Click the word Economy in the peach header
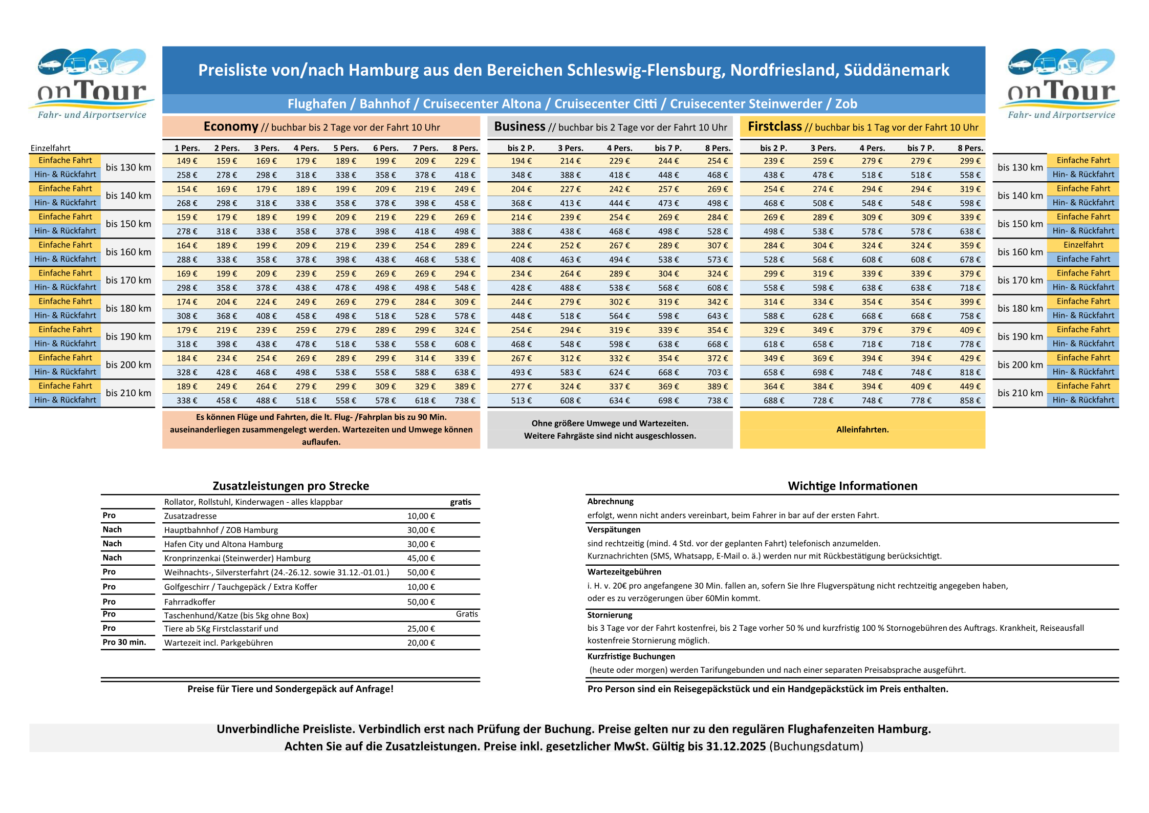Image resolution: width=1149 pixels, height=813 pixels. (x=231, y=126)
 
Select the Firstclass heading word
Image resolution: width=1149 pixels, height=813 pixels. (x=774, y=126)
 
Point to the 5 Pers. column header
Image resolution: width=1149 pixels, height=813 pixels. (x=346, y=148)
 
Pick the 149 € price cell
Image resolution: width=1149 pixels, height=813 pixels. (x=187, y=161)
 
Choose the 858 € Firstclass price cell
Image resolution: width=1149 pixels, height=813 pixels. (x=970, y=400)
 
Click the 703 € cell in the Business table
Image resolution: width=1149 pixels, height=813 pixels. (x=717, y=372)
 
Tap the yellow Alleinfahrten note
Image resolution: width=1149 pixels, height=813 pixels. (x=862, y=430)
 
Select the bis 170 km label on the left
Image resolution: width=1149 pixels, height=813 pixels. (x=128, y=280)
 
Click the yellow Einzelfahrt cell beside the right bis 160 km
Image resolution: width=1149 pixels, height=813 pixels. (x=1083, y=245)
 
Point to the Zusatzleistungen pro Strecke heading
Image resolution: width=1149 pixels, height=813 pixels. (x=291, y=486)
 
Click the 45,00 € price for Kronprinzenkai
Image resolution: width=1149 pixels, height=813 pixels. (x=421, y=558)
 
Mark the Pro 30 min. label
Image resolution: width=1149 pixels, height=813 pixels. (x=124, y=642)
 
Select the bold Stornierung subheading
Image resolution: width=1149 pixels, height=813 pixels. (x=610, y=615)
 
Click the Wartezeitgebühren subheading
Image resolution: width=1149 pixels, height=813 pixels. (x=624, y=572)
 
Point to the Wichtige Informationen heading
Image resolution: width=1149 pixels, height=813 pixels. (x=852, y=486)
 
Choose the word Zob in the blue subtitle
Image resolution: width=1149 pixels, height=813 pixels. (x=846, y=104)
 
